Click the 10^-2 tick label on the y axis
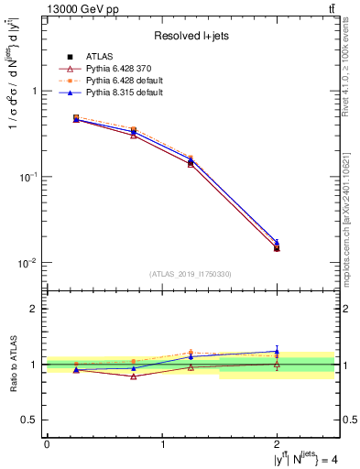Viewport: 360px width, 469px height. [x=27, y=263]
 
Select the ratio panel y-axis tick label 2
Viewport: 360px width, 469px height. [x=33, y=310]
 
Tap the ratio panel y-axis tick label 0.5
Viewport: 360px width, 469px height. [x=28, y=420]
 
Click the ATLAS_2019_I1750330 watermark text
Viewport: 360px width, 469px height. [x=191, y=274]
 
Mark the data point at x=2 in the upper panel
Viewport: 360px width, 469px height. [x=278, y=246]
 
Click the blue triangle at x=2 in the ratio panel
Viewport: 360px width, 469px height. [x=278, y=351]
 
